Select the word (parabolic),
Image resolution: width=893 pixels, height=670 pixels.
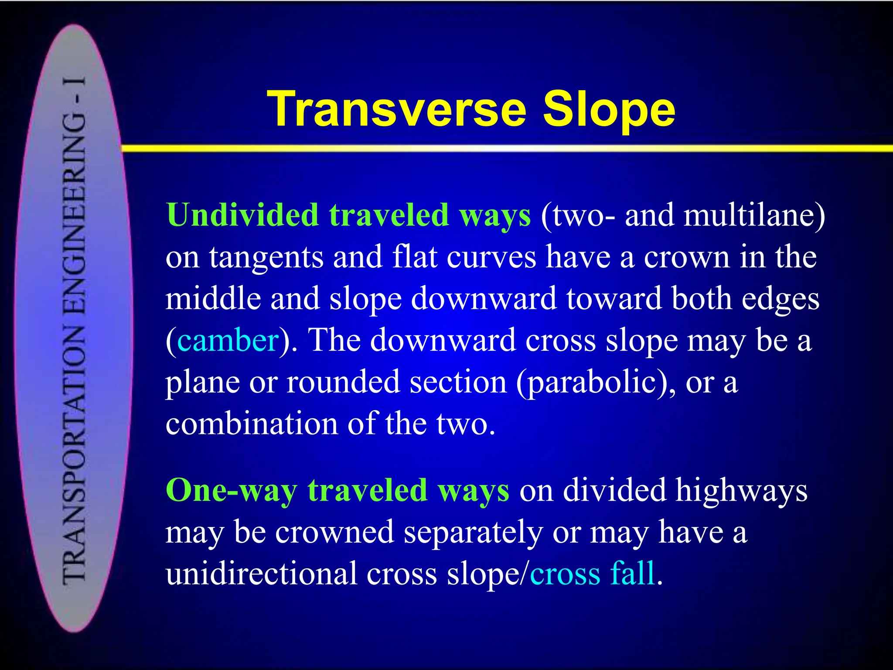pyautogui.click(x=596, y=382)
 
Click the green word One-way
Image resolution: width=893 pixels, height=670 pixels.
pyautogui.click(x=232, y=490)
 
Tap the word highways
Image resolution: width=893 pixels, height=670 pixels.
pyautogui.click(x=741, y=490)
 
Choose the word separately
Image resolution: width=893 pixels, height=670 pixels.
pyautogui.click(x=473, y=532)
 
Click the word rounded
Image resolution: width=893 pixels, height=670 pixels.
pyautogui.click(x=343, y=382)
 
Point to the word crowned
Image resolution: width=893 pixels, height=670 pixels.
pyautogui.click(x=334, y=532)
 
